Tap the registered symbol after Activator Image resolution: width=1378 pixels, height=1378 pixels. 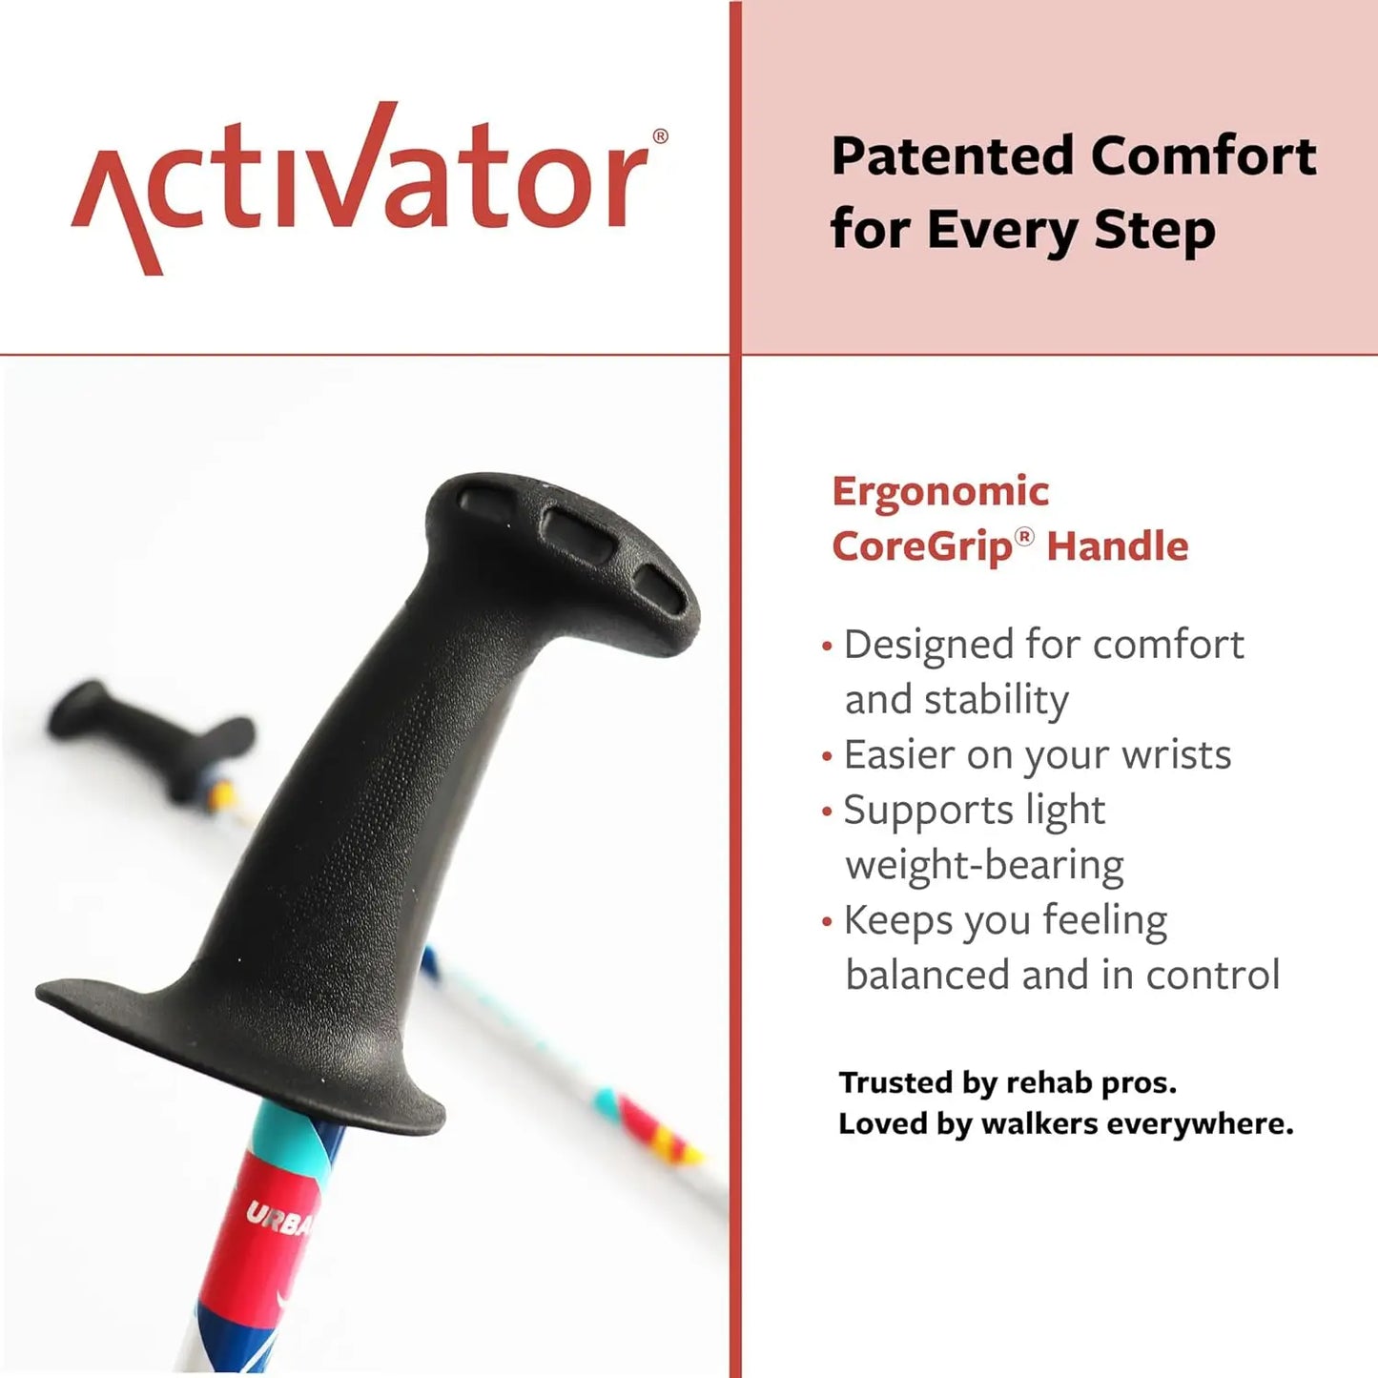[x=660, y=136]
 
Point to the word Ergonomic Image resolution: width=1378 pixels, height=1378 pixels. [x=940, y=492]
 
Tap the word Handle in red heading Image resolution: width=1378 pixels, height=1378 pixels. [x=1118, y=547]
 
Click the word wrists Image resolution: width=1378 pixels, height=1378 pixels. [x=1177, y=755]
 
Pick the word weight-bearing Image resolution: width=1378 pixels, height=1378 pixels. [x=984, y=866]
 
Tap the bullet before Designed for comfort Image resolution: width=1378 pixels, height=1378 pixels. [x=827, y=647]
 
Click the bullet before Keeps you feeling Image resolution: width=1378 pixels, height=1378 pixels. [x=827, y=922]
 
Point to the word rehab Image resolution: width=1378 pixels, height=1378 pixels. [x=1048, y=1083]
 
